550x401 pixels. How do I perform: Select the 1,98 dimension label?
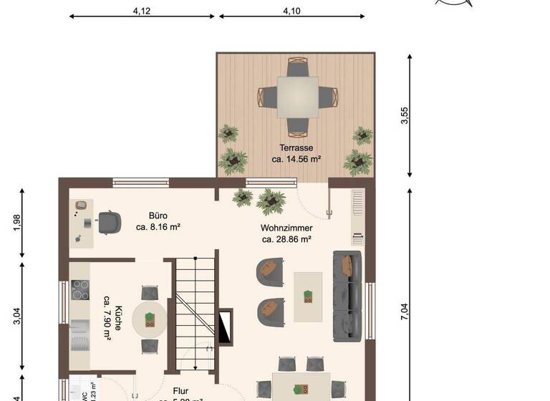tap(16, 223)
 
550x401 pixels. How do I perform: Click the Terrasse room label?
tap(296, 148)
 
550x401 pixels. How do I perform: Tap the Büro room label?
tap(158, 215)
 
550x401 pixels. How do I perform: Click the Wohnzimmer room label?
tap(286, 228)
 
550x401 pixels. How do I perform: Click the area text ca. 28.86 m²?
tap(286, 239)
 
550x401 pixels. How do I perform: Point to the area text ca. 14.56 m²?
tap(296, 159)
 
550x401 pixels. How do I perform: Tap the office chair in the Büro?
tap(109, 222)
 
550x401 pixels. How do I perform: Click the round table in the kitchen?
tap(150, 319)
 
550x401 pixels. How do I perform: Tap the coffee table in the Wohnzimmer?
tap(308, 296)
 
